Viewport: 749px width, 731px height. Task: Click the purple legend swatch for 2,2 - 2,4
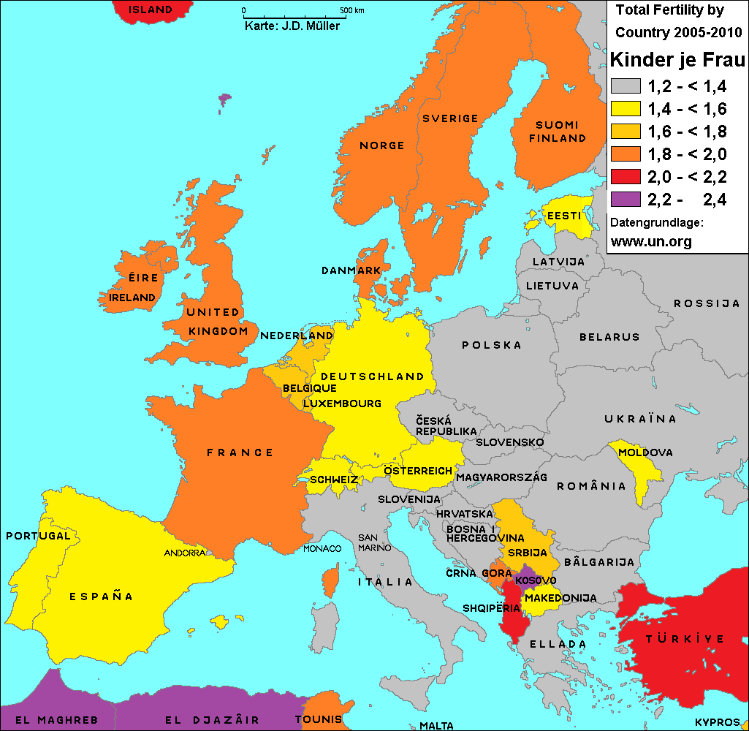(626, 199)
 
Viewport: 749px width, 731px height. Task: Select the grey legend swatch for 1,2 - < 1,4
(626, 86)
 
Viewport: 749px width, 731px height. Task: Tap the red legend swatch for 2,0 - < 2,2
(626, 176)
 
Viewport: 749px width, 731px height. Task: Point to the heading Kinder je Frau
(677, 59)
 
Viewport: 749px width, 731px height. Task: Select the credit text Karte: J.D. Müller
(292, 26)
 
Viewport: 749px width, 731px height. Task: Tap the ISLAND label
(151, 10)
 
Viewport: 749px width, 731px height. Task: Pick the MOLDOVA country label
(645, 452)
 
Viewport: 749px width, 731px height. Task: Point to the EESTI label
(564, 216)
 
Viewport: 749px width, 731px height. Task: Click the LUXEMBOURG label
(342, 404)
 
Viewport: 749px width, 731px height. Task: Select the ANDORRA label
(185, 553)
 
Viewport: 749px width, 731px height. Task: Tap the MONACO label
(322, 548)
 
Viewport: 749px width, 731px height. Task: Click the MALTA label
(436, 726)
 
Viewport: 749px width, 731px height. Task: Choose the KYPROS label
(717, 721)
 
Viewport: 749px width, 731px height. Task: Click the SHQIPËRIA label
(492, 608)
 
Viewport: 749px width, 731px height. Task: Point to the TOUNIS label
(319, 719)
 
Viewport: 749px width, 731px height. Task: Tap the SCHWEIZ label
(334, 480)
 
